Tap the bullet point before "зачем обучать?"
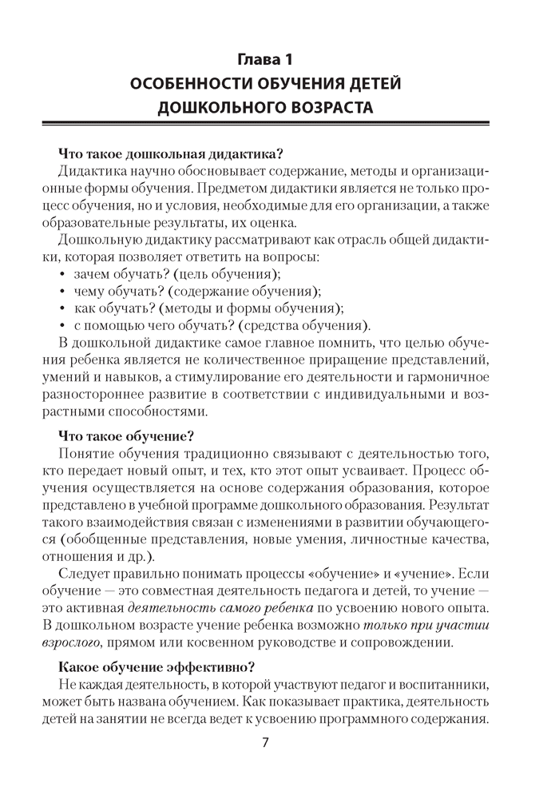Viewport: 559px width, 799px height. pos(63,275)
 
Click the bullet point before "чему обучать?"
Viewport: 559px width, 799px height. pos(63,292)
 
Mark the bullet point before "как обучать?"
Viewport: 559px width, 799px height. pos(63,309)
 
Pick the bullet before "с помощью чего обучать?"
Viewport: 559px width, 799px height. pos(63,327)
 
